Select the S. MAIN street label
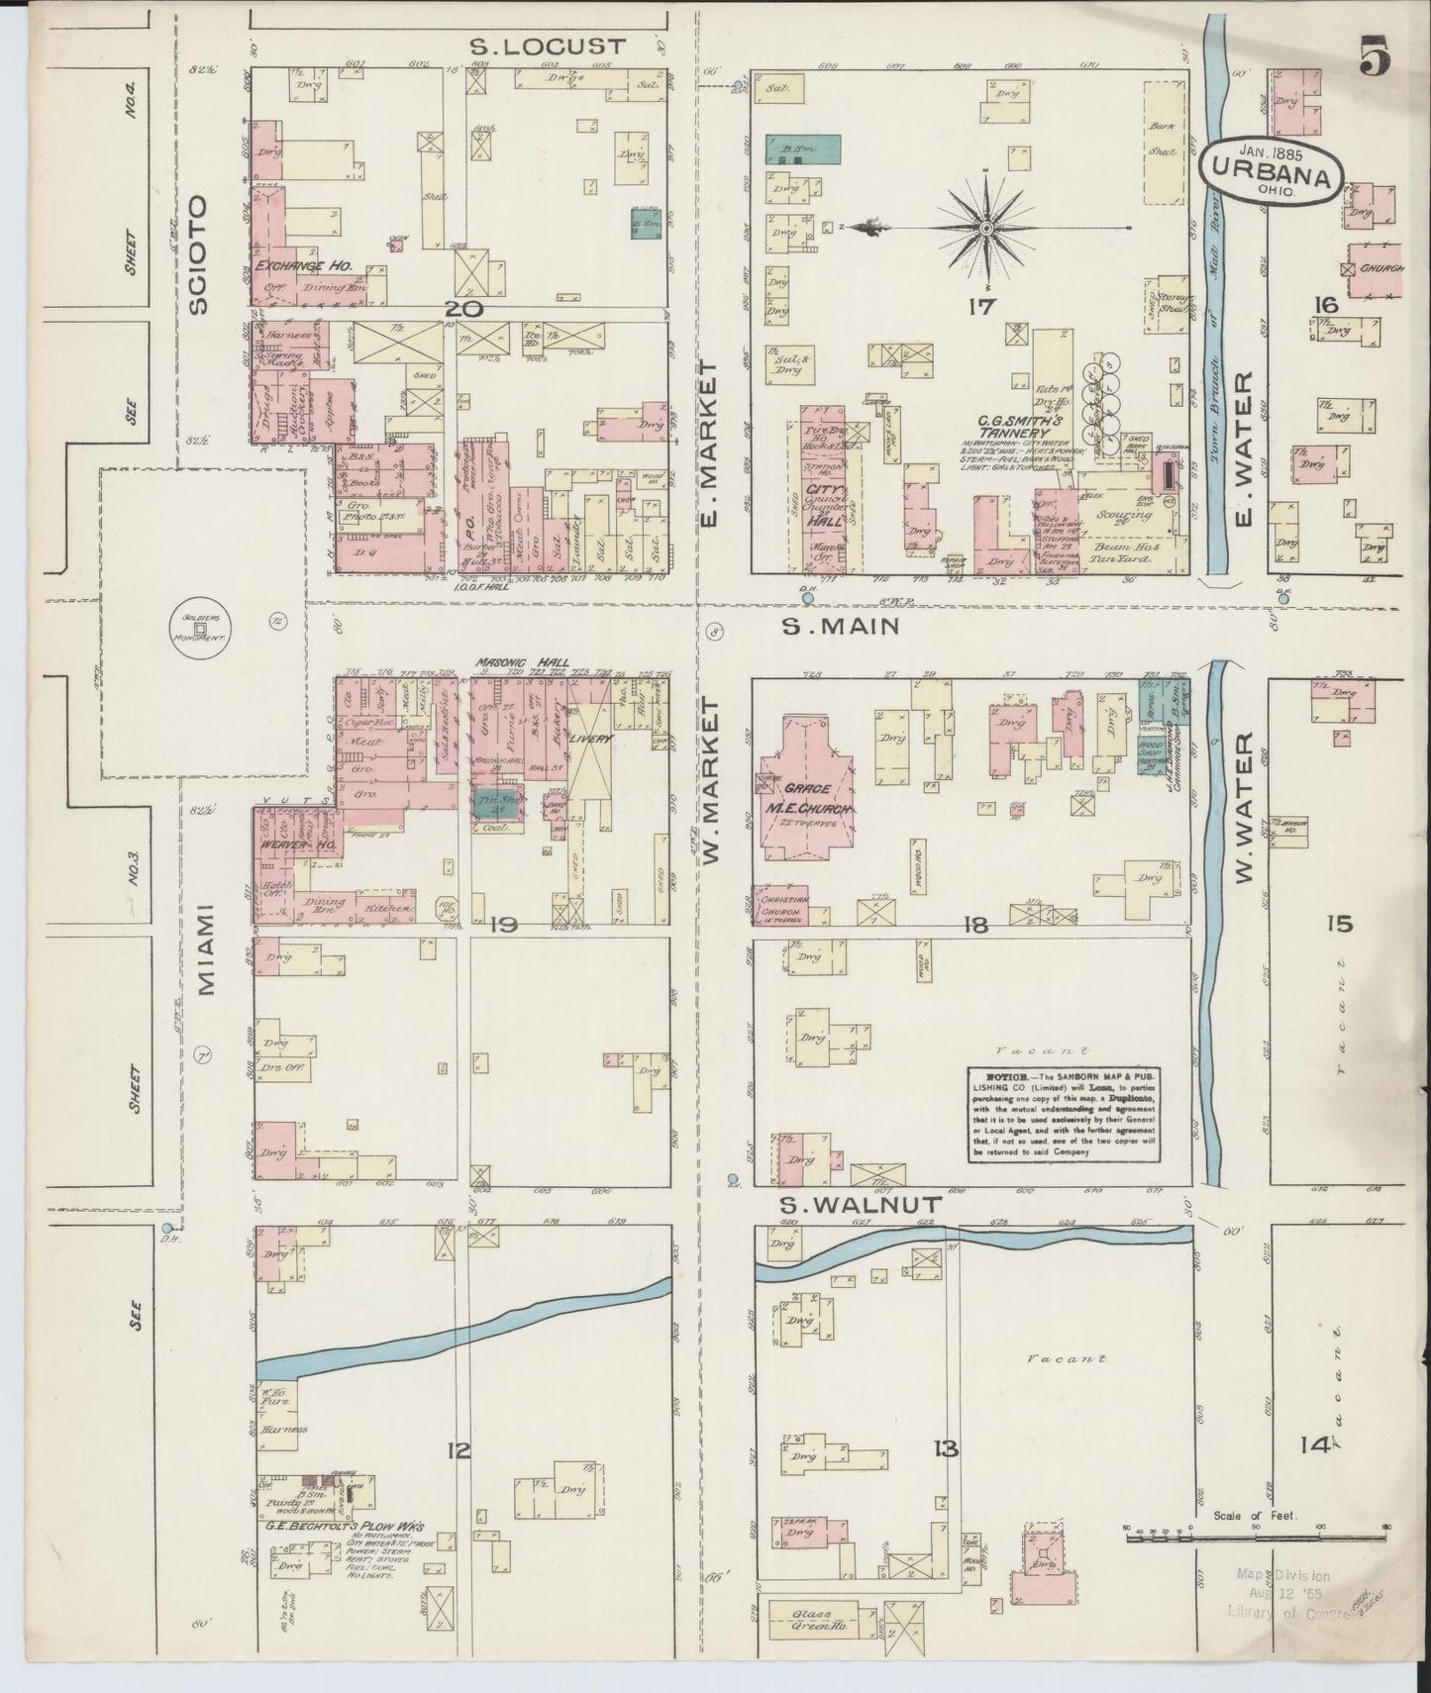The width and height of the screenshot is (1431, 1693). (x=841, y=626)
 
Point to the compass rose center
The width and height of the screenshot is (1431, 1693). (x=986, y=228)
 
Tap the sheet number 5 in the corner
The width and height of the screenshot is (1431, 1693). (x=1374, y=56)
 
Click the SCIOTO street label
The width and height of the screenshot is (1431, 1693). (x=199, y=254)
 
